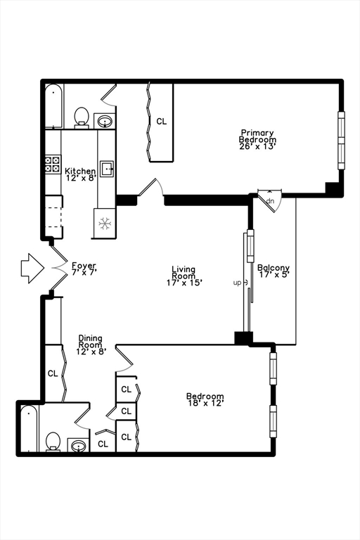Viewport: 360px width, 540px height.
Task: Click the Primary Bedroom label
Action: point(257,136)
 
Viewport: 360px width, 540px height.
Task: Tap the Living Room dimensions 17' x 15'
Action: point(184,283)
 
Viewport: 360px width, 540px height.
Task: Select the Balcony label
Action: point(274,268)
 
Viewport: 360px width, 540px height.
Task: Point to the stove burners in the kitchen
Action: point(53,165)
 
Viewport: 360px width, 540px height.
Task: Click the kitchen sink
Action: point(107,169)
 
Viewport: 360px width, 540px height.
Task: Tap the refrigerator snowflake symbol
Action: point(105,224)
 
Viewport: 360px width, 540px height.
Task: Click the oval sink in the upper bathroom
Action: point(104,121)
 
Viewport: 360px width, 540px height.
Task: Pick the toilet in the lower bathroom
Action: point(53,442)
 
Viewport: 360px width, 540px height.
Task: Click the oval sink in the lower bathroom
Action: point(78,446)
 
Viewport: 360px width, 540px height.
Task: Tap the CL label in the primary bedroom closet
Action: point(161,121)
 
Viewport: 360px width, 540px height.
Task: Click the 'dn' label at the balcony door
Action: point(271,201)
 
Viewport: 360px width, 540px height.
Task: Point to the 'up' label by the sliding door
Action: point(238,283)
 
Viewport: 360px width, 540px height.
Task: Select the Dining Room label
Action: point(90,341)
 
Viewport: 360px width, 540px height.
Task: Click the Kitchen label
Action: point(80,171)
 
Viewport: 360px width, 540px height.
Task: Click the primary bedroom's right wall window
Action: point(341,141)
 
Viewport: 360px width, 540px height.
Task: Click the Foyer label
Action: point(84,265)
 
